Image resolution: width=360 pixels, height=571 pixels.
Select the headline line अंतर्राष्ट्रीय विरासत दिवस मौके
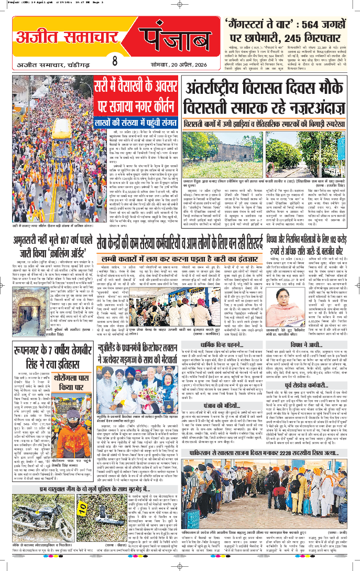[x=268, y=90]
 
